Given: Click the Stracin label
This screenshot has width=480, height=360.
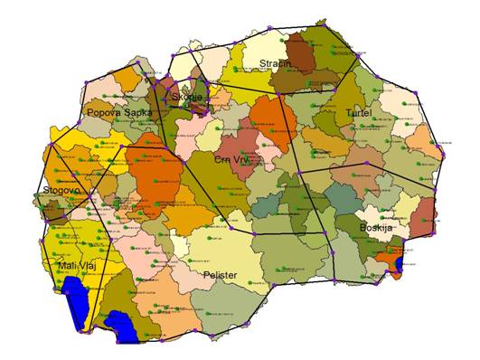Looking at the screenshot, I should coord(275,63).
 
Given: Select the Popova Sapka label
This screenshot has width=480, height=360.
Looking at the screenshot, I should coord(118,113).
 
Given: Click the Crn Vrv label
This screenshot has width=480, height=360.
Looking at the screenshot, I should coord(234,158).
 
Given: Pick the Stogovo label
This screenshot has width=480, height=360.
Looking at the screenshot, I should coord(61,191).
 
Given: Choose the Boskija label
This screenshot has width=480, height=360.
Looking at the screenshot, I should coord(375,227).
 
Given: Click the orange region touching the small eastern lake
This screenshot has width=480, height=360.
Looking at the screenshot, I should coord(387,260).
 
